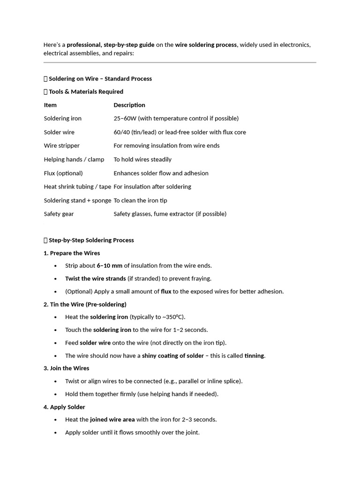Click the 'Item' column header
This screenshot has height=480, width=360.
[x=50, y=105]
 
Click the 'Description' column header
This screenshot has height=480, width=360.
[x=129, y=105]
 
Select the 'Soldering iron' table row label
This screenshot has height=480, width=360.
[x=63, y=119]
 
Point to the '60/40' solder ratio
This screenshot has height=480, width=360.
[x=121, y=132]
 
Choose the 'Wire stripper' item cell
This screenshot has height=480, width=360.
[x=62, y=146]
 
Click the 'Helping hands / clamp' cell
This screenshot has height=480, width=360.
[x=74, y=159]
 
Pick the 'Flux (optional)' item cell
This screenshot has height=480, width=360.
[x=63, y=173]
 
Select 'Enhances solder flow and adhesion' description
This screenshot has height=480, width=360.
[x=161, y=173]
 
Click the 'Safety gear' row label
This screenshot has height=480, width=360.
[x=59, y=214]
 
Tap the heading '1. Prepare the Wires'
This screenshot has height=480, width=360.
[x=72, y=253]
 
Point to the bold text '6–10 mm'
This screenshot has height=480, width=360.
[x=109, y=266]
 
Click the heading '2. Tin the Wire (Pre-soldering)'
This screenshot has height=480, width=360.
[x=85, y=305]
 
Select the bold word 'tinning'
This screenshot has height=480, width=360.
[x=255, y=356]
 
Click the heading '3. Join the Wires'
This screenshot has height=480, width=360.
[x=66, y=368]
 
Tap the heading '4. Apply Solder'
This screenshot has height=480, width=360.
[x=64, y=407]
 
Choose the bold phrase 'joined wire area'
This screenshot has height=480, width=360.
[x=112, y=420]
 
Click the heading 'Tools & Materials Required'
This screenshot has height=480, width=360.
[x=86, y=92]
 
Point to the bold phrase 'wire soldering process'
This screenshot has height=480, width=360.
[x=206, y=45]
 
